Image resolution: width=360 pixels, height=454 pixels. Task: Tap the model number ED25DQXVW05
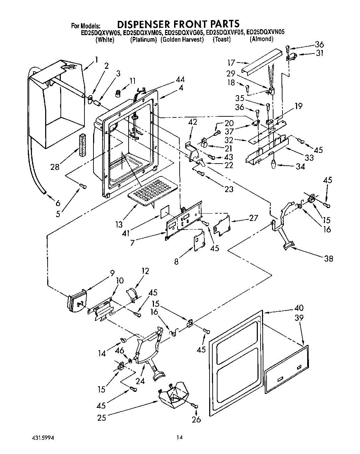click(101, 33)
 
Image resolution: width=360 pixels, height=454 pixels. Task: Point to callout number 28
click(54, 167)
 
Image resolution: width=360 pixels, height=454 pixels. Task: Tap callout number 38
click(328, 258)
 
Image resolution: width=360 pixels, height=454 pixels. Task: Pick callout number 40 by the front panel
click(298, 308)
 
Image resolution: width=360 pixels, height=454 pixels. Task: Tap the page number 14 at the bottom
click(179, 437)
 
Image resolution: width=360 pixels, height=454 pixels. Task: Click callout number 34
click(300, 166)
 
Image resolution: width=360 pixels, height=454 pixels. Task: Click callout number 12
click(145, 271)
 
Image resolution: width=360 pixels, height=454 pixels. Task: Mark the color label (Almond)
click(261, 39)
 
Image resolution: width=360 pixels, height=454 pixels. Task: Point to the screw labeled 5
click(83, 186)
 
